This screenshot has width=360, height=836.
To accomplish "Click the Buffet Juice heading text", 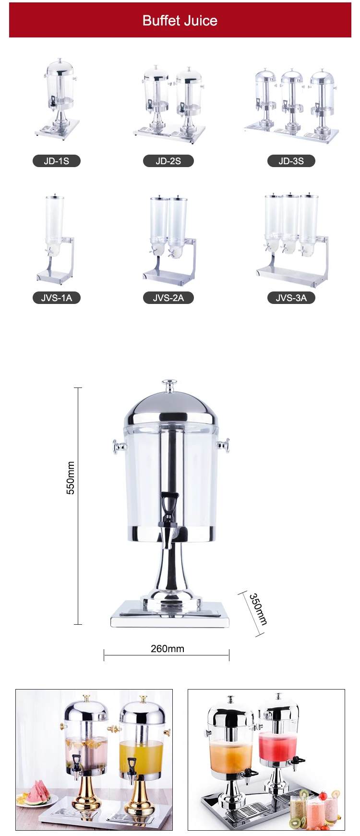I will [x=180, y=21].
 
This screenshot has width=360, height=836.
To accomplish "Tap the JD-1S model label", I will [x=57, y=161].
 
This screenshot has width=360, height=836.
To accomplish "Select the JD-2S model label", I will [x=168, y=161].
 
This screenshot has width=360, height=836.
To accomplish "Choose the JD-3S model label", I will [x=291, y=161].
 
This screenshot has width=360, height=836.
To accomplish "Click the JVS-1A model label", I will [x=57, y=298].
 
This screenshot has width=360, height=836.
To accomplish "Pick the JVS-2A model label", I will [x=168, y=298].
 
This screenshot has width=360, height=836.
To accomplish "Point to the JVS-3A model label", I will [x=291, y=298].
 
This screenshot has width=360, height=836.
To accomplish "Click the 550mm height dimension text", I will [x=71, y=478].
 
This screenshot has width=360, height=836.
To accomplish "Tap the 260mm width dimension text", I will [x=167, y=649].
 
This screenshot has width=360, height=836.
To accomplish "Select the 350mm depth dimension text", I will [x=258, y=609].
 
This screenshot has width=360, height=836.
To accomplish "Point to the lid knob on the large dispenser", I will [x=168, y=385].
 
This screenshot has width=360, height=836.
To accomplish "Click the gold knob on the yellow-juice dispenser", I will [x=143, y=699].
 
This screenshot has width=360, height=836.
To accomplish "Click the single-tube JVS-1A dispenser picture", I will [x=55, y=238].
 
